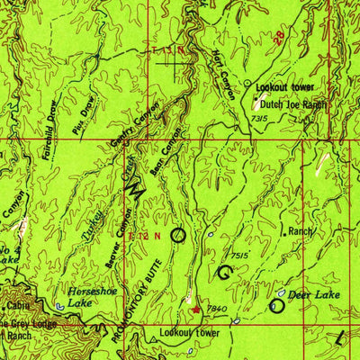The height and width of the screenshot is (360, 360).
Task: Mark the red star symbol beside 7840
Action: pyautogui.click(x=197, y=310)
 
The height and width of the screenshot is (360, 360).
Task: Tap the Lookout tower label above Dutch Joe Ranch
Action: pyautogui.click(x=283, y=88)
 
